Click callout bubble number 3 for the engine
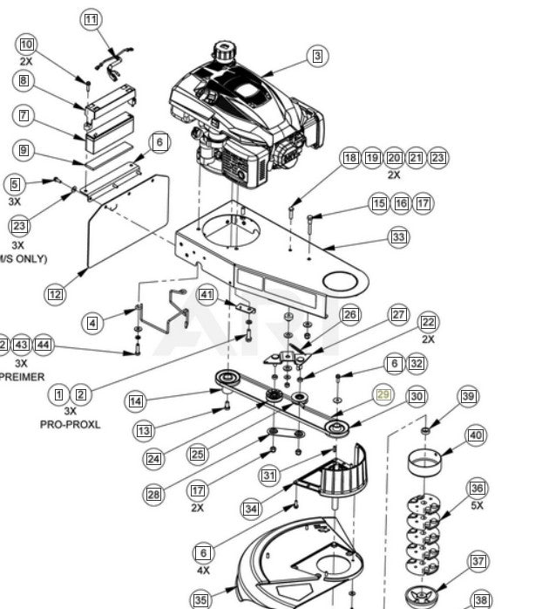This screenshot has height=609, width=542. [317, 57]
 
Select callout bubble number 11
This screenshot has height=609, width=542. [91, 19]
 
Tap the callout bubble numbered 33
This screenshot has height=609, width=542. [398, 236]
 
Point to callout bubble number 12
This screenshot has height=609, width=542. [55, 294]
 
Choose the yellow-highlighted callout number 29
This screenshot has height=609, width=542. [383, 395]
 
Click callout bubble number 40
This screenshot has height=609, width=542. [475, 435]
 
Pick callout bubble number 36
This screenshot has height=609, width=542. [477, 489]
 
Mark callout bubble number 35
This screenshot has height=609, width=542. [201, 599]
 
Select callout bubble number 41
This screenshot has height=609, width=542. [206, 294]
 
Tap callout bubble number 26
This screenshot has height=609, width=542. [350, 314]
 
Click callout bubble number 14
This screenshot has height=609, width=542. [135, 401]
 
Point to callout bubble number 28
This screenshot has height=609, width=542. [153, 495]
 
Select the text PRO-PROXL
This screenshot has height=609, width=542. [71, 424]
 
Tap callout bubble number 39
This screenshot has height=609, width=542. [469, 397]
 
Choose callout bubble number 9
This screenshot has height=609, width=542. [24, 151]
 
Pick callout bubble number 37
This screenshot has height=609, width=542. [478, 561]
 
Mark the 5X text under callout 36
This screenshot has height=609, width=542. [477, 505]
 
